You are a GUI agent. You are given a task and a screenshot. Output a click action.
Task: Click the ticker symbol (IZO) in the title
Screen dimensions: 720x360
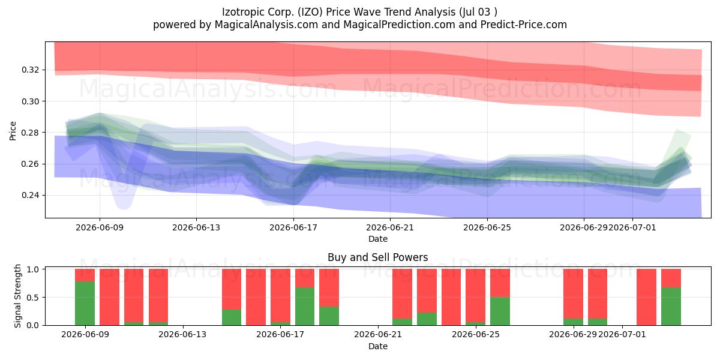click(310, 12)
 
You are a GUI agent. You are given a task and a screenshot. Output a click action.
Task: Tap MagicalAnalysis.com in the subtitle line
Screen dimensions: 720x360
click(266, 25)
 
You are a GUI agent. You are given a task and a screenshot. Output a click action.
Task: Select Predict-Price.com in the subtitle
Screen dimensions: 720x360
click(524, 25)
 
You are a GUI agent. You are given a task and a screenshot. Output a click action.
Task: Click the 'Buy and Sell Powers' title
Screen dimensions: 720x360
click(377, 257)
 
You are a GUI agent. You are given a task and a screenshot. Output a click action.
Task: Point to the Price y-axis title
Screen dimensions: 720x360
click(13, 131)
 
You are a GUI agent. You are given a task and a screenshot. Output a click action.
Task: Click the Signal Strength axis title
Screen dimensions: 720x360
click(17, 296)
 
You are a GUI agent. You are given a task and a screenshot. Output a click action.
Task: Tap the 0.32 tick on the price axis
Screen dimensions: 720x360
click(31, 70)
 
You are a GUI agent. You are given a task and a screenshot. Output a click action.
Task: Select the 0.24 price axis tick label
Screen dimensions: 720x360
click(31, 195)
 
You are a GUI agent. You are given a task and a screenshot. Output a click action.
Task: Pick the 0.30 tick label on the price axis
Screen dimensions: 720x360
click(31, 101)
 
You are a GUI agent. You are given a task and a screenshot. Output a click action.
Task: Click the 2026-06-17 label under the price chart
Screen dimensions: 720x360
click(293, 227)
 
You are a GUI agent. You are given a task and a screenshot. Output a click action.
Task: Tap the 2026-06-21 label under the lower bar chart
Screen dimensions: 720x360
click(378, 334)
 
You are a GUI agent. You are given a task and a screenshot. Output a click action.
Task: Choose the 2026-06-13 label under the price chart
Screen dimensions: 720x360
click(196, 227)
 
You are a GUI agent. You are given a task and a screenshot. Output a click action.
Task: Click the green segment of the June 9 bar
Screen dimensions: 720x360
click(85, 303)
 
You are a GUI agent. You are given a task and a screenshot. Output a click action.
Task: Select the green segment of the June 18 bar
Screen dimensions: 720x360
click(305, 306)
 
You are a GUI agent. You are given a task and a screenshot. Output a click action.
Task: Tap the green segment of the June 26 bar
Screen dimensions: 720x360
click(500, 311)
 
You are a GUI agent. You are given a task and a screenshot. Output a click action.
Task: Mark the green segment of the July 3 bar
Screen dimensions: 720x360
click(671, 306)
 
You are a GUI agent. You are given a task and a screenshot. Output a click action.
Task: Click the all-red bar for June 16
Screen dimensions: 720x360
click(256, 297)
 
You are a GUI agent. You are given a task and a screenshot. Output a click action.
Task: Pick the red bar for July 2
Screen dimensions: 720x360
click(646, 297)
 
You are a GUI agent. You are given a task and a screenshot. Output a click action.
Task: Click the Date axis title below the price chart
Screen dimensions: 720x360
click(377, 239)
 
